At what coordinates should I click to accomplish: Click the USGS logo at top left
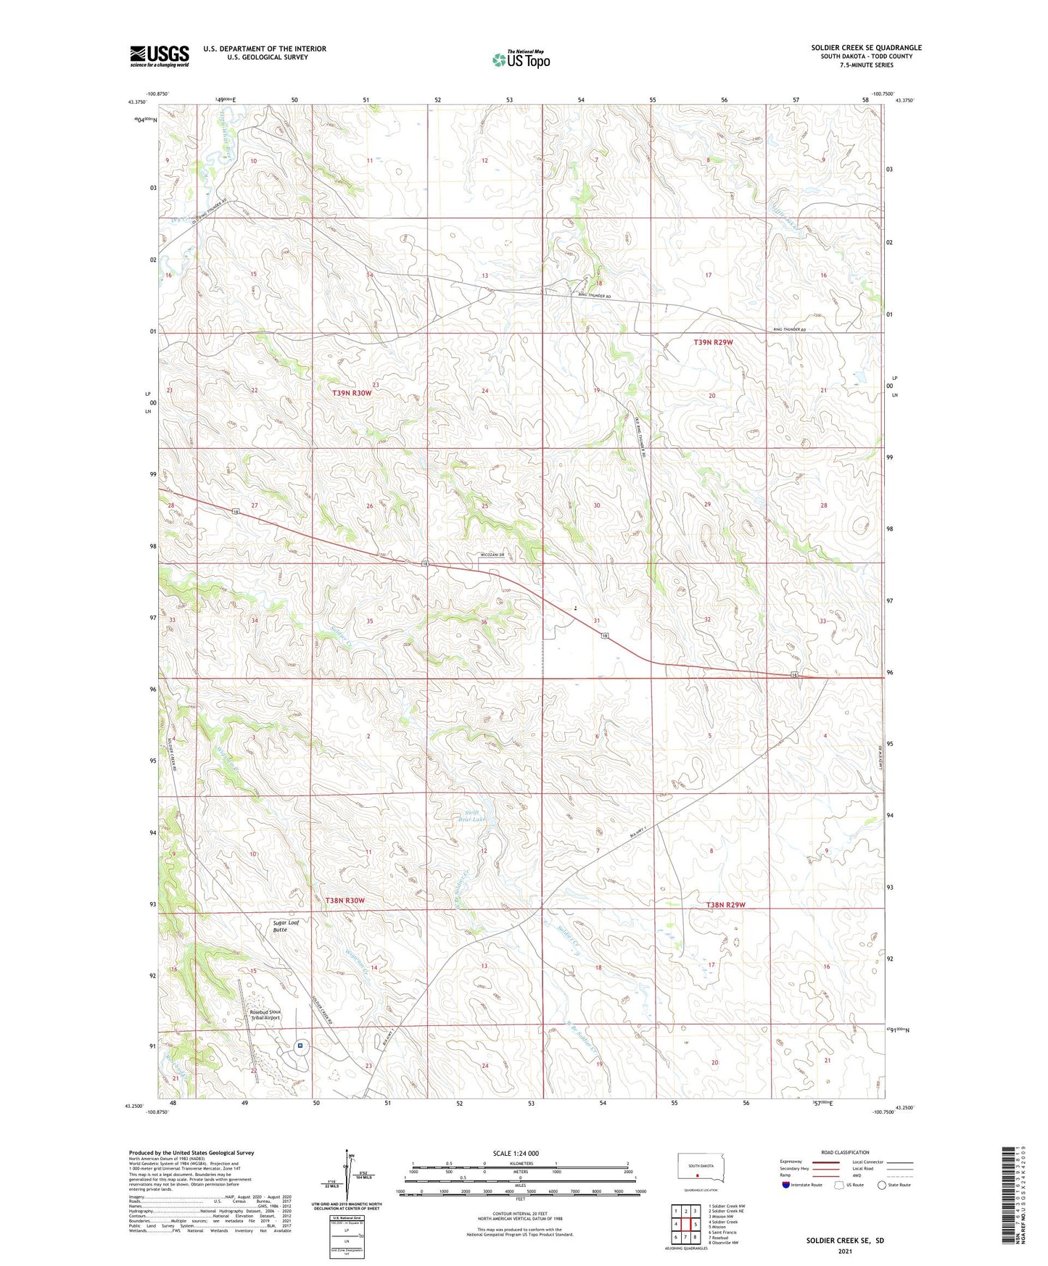point(159,56)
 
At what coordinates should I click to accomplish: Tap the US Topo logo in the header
point(521,59)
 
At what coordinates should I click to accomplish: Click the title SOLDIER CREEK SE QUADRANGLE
point(866,48)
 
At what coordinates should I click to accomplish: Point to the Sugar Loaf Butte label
point(286,926)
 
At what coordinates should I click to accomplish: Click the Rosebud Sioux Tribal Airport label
point(265,1014)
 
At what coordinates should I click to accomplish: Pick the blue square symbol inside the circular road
point(300,1046)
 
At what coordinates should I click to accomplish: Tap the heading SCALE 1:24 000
point(516,1153)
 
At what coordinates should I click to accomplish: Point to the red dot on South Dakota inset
point(697,1176)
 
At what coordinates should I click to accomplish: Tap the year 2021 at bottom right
point(845,1251)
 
